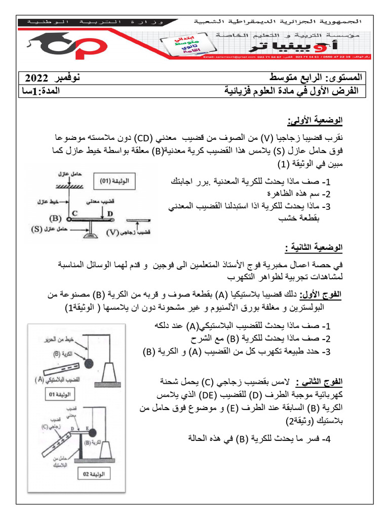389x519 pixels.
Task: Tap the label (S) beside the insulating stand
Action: [36, 229]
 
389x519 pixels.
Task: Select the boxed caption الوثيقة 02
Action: [91, 474]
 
